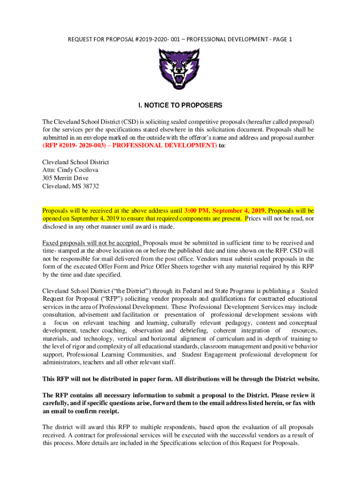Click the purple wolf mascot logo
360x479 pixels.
tap(179, 69)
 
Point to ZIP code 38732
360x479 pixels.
tap(88, 186)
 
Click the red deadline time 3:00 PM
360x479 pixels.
tap(200, 210)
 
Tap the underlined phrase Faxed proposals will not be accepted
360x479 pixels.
tap(92, 243)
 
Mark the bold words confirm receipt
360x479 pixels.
tap(97, 411)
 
